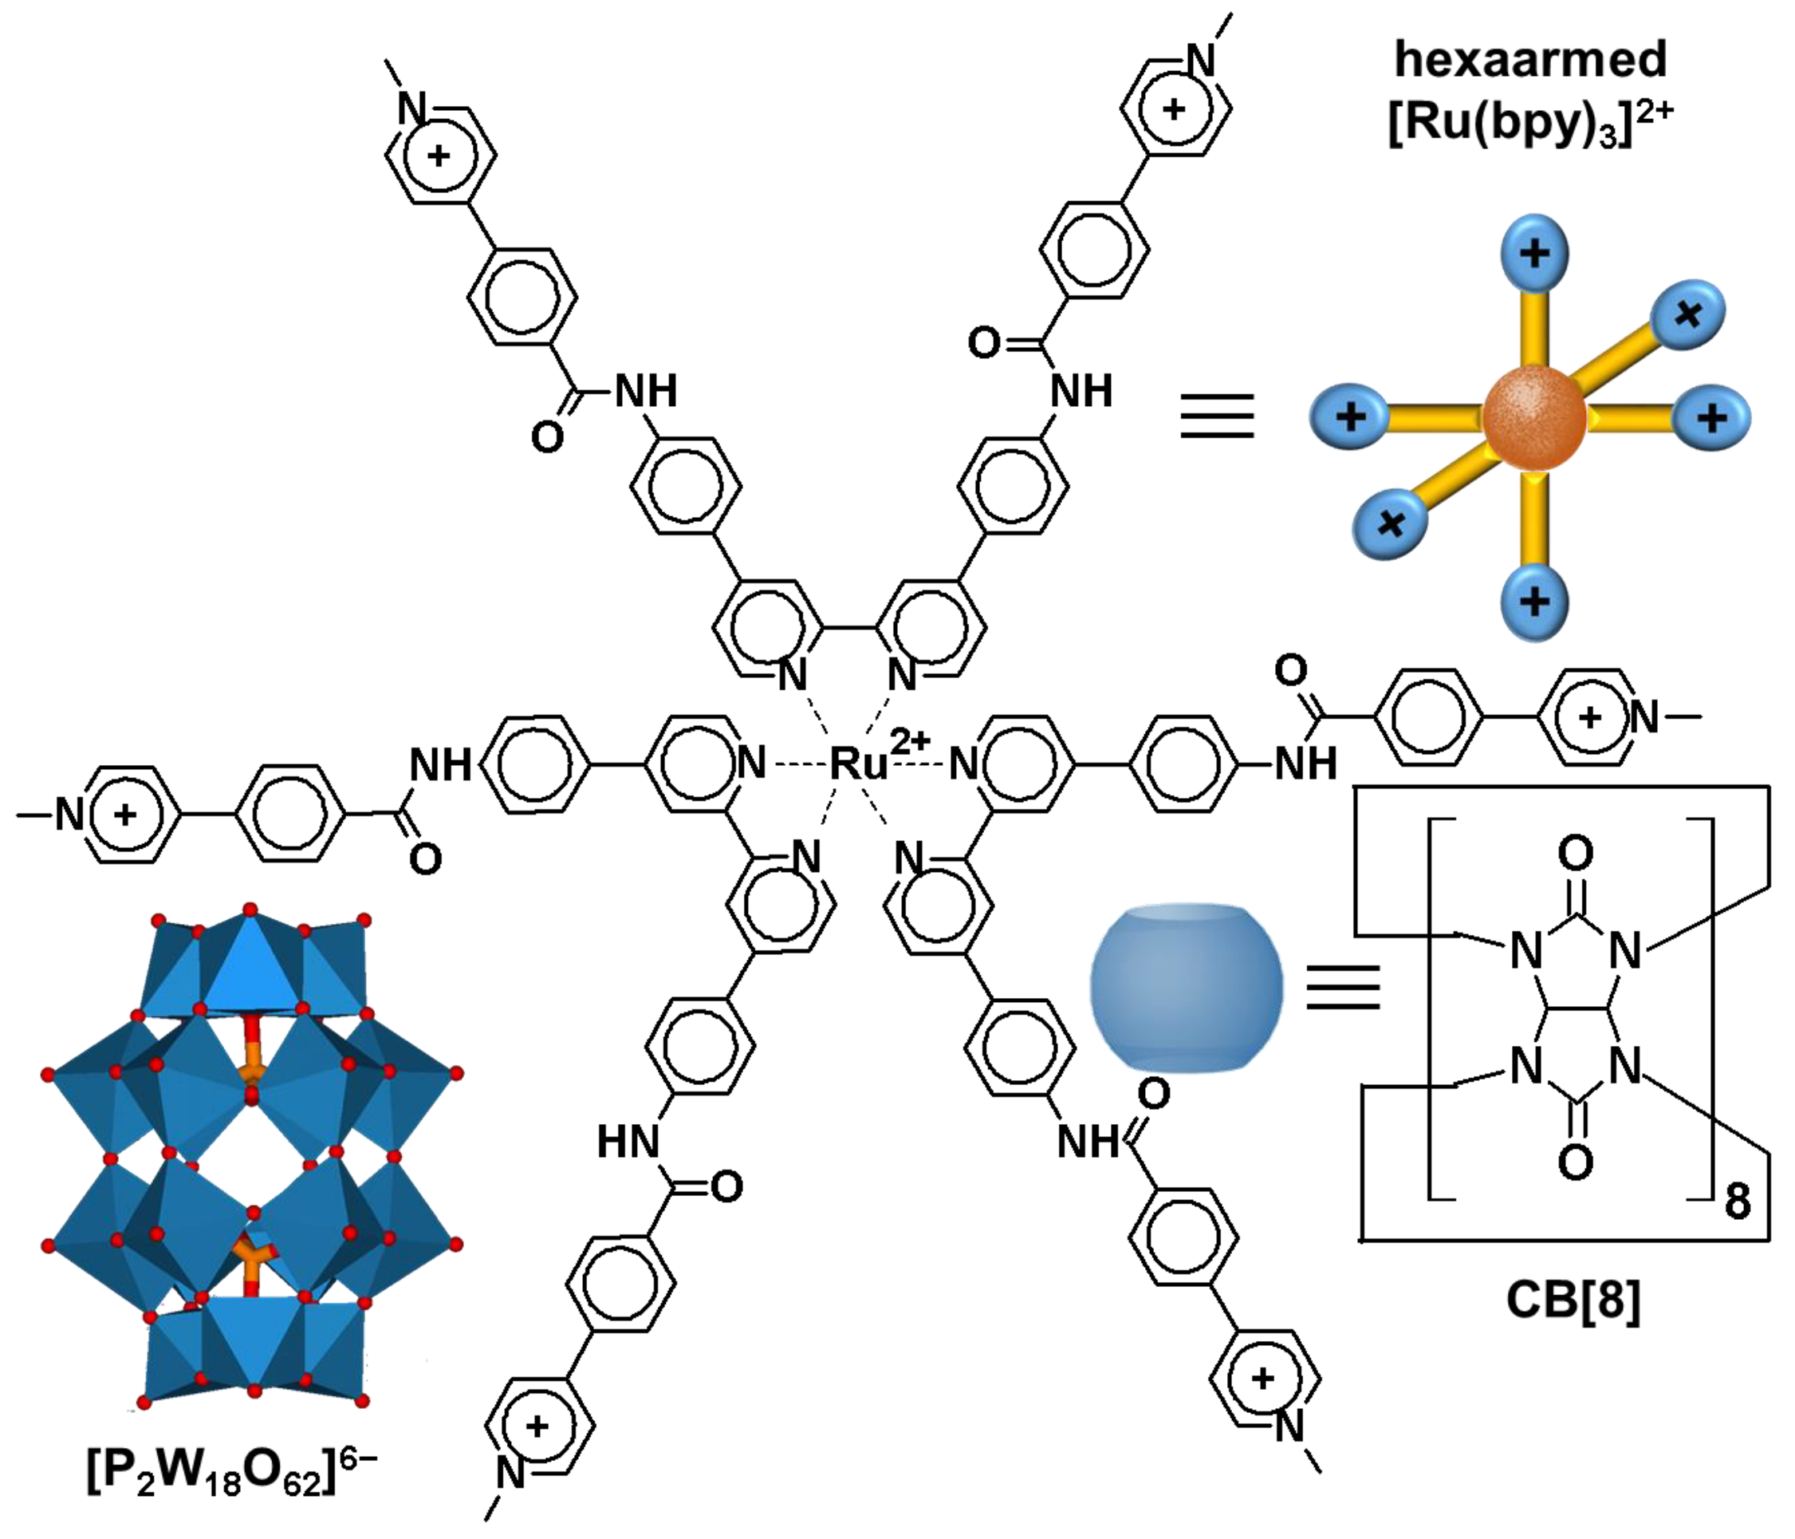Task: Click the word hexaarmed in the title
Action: (x=1531, y=60)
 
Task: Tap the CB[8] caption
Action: (x=1573, y=1300)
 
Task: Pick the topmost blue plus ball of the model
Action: (x=1534, y=253)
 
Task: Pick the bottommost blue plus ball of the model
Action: (x=1534, y=601)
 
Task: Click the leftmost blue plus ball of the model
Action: (x=1351, y=416)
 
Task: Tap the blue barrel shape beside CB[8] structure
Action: (x=1185, y=988)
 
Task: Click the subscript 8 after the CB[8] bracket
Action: (x=1737, y=1202)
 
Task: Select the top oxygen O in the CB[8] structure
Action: (x=1575, y=854)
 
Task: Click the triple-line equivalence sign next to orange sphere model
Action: (x=1217, y=415)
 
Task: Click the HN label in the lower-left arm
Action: (x=628, y=1142)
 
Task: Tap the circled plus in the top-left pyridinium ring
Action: (x=439, y=156)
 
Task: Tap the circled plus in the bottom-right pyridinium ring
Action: (x=1263, y=1378)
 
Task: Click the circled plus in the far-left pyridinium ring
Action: (x=126, y=814)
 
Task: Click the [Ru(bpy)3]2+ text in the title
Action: (x=1531, y=123)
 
